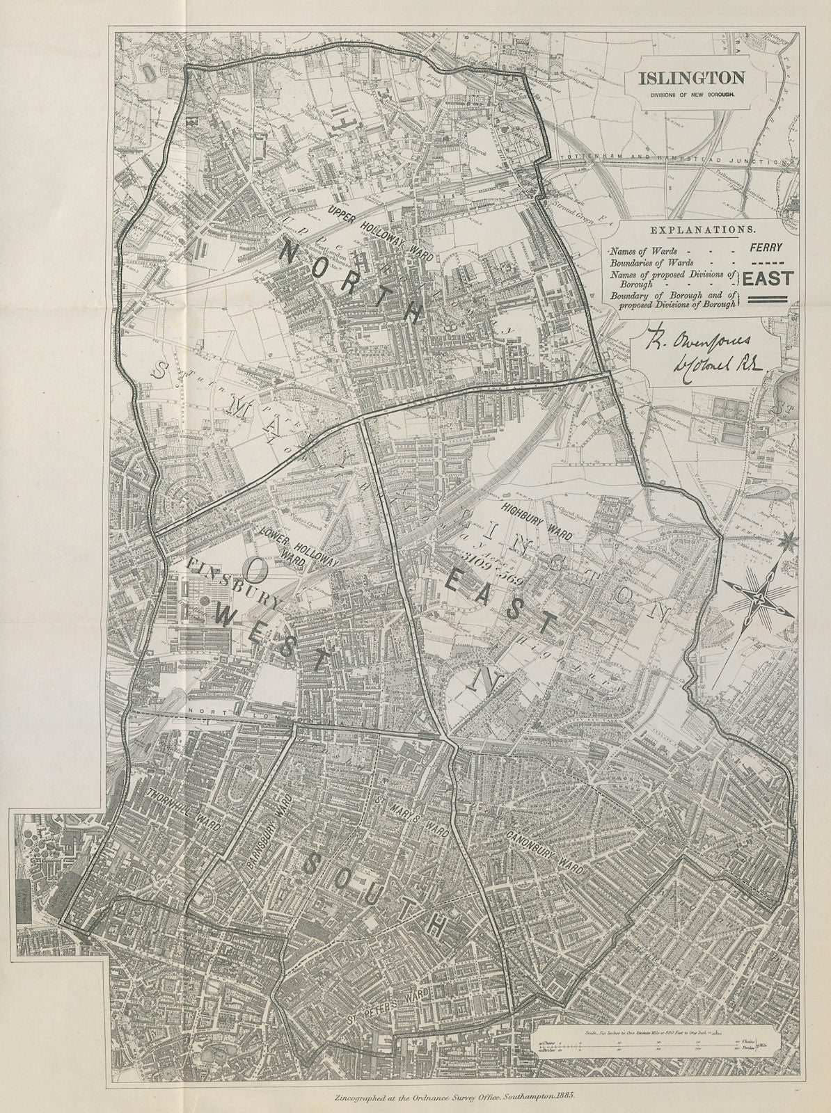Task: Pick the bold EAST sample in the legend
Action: click(x=768, y=278)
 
